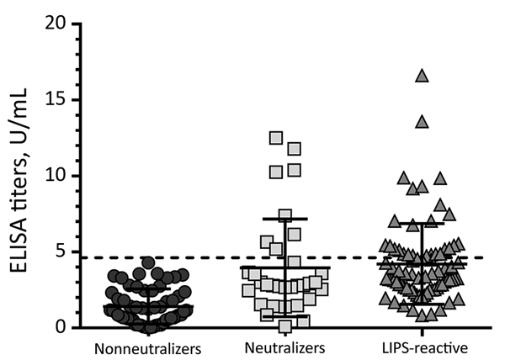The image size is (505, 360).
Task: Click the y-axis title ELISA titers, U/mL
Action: (19, 180)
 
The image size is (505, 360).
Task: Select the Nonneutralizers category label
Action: (148, 349)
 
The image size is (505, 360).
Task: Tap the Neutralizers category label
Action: (285, 348)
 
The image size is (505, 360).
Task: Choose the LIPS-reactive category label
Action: (425, 348)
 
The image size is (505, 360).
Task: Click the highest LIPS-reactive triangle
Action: (423, 77)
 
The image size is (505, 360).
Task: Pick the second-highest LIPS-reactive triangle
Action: (423, 123)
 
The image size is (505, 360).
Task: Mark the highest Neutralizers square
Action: (276, 138)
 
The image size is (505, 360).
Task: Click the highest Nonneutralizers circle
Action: (148, 262)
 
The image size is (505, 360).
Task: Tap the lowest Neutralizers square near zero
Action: (285, 326)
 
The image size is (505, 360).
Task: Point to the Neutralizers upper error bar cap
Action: (285, 219)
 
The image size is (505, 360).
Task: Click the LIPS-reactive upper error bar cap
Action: (423, 223)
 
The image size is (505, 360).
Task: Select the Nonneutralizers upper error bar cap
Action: (148, 289)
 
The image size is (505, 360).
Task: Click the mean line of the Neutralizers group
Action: (285, 267)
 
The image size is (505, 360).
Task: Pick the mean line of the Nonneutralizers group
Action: (148, 306)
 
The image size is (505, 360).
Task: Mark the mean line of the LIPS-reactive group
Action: (423, 264)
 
